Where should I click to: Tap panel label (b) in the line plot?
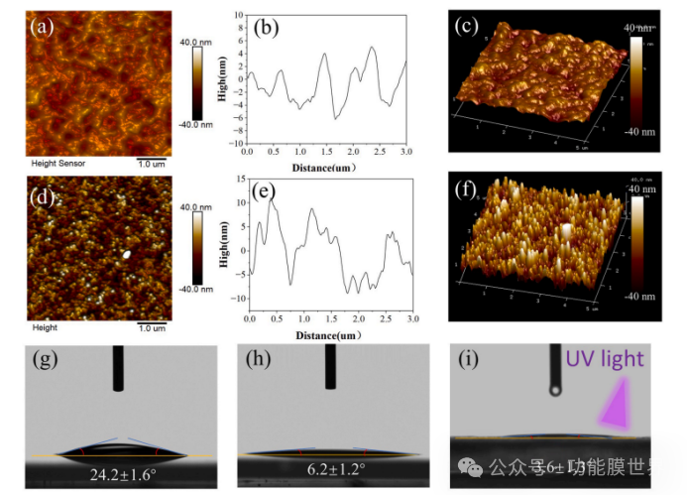pyautogui.click(x=269, y=28)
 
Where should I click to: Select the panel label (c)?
pyautogui.click(x=468, y=27)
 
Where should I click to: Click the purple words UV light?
pyautogui.click(x=605, y=359)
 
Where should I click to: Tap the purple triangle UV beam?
pyautogui.click(x=620, y=407)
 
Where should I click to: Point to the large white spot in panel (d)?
pyautogui.click(x=128, y=254)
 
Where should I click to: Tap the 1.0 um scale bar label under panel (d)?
pyautogui.click(x=151, y=327)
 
